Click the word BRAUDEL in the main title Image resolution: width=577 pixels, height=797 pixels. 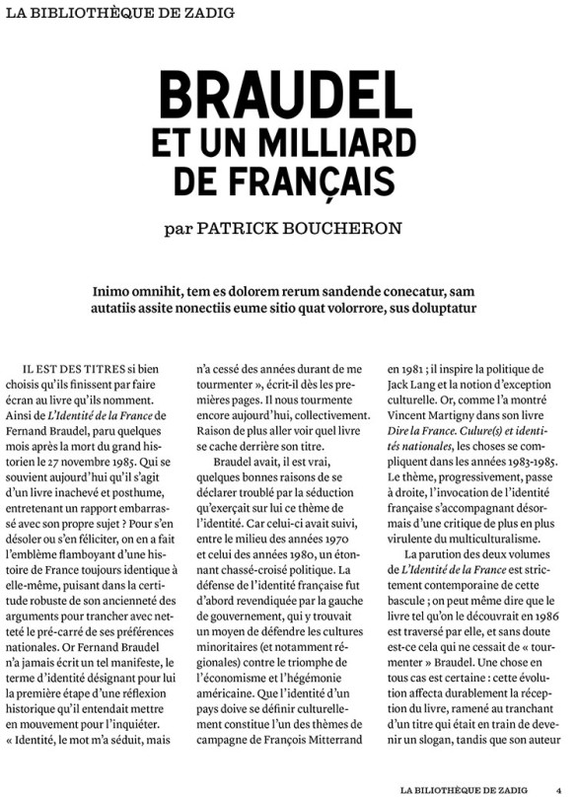pyautogui.click(x=287, y=96)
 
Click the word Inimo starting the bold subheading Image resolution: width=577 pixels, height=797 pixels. pyautogui.click(x=111, y=291)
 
